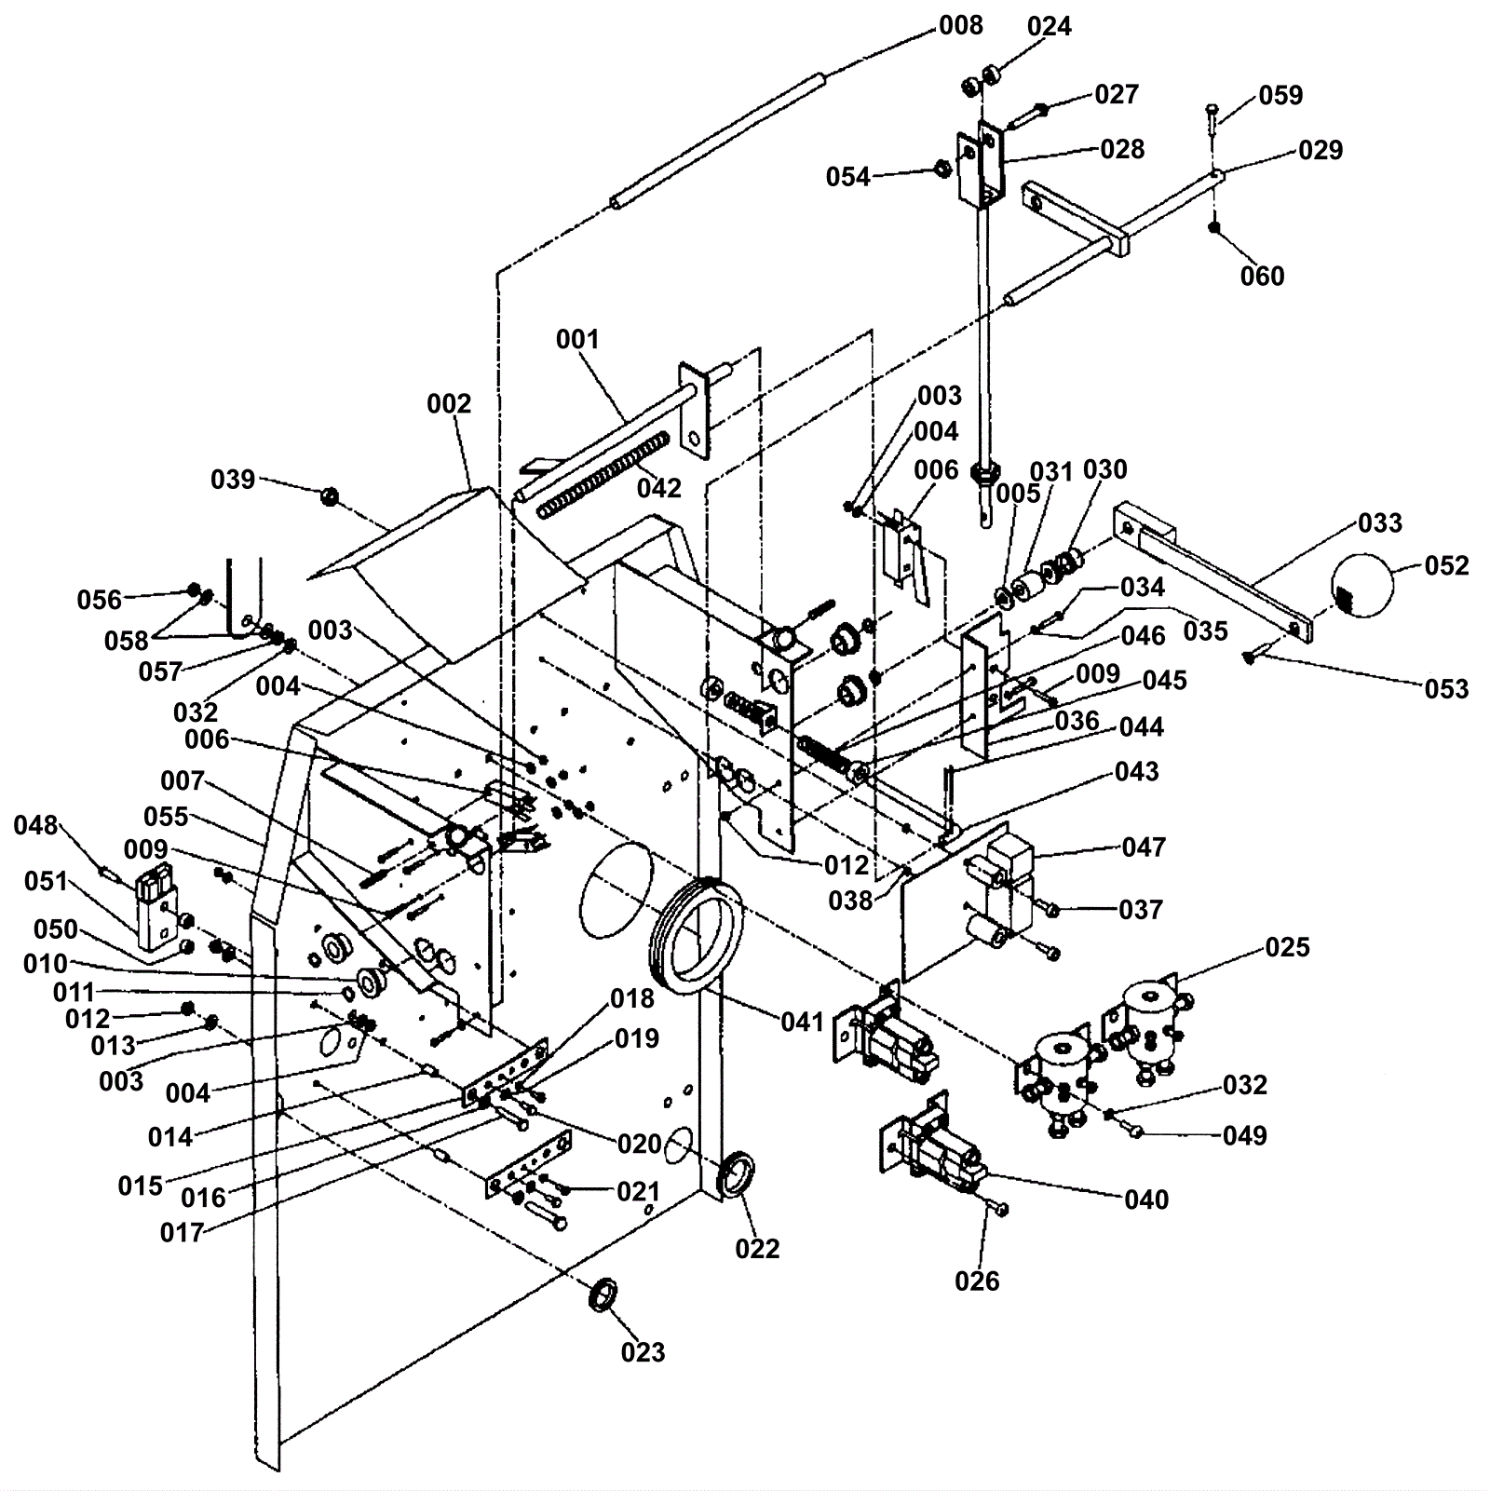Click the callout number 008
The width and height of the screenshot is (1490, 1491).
click(961, 26)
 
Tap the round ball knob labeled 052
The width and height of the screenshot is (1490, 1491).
click(1361, 585)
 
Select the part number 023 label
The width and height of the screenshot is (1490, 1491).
click(643, 1351)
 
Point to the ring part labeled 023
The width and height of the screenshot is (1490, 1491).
click(603, 1294)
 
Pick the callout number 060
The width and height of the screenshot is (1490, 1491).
click(1262, 276)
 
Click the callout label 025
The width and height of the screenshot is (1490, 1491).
click(1287, 947)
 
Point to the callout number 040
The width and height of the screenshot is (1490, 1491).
click(1146, 1200)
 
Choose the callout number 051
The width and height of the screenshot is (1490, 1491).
click(46, 881)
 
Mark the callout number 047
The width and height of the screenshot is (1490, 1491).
click(1144, 847)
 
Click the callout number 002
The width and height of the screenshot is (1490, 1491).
click(449, 403)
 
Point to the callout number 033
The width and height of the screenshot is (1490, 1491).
click(1380, 522)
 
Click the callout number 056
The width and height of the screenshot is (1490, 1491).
click(100, 599)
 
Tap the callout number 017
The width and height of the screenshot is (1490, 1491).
click(182, 1232)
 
